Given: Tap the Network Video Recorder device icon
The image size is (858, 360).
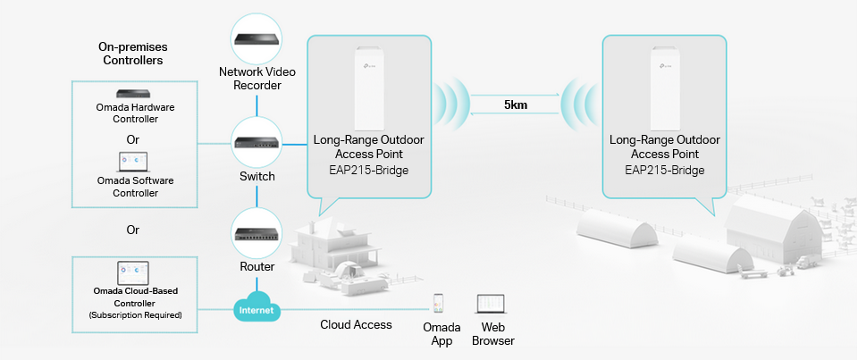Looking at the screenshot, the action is coord(257,39).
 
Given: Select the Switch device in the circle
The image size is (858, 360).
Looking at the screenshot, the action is coord(257,143).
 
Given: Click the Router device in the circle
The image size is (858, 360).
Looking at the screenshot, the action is coord(257,234).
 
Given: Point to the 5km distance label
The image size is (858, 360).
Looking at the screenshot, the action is coord(516,105).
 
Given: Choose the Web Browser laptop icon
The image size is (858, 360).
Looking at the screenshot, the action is coord(491,305).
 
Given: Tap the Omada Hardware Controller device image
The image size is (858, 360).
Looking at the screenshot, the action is coord(134,94).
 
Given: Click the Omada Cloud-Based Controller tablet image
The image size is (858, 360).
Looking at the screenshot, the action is coord(133,272).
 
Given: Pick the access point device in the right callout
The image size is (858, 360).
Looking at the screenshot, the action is coord(664,88).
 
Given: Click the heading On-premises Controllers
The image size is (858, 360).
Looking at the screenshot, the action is coord(133,54).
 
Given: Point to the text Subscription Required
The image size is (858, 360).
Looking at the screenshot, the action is coord(135,315).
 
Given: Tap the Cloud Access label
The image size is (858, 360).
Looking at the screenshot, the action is coord(357,324).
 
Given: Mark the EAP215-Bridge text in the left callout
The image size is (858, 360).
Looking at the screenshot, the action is coord(369,170).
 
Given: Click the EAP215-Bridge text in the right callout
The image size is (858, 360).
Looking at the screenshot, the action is coord(665,170).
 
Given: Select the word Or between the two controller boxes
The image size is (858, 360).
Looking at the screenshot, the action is coord(133,230).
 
